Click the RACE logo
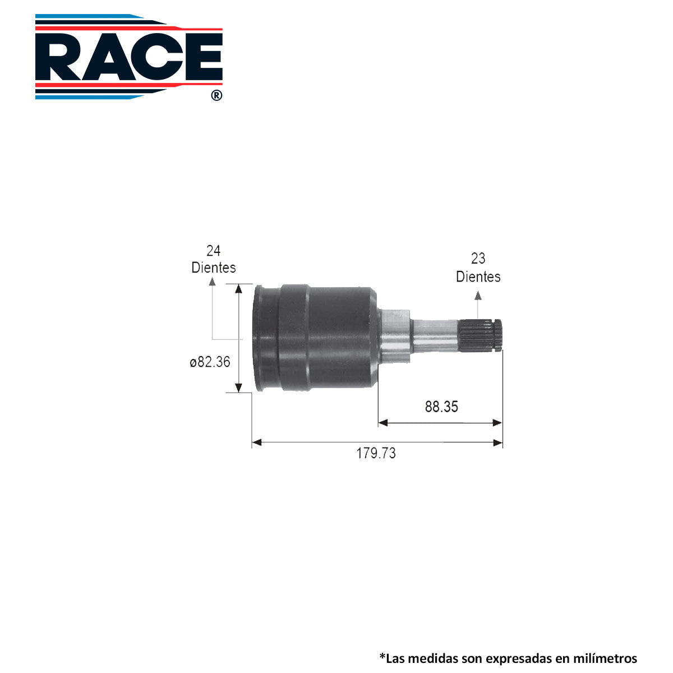[128, 57]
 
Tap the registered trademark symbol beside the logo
[216, 95]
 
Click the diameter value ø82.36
[210, 362]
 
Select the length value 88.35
[441, 407]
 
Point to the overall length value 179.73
[376, 453]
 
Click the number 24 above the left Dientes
[213, 250]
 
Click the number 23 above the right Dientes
[478, 259]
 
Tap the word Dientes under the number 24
[213, 268]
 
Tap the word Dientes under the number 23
[478, 276]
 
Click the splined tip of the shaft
[480, 335]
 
